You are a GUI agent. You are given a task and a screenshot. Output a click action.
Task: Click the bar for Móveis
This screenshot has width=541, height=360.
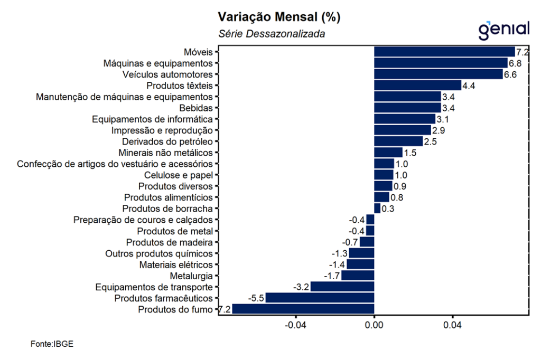click(x=444, y=52)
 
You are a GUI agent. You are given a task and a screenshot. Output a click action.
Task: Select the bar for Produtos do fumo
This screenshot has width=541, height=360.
click(x=303, y=309)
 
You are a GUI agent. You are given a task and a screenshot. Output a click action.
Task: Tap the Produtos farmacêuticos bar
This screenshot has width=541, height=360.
click(x=320, y=298)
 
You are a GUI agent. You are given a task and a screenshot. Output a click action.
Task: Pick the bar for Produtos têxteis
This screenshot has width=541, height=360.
click(x=417, y=86)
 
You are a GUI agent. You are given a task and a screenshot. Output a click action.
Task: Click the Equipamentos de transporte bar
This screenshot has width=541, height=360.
click(x=342, y=287)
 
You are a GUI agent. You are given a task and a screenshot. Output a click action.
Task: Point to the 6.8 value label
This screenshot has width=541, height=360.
click(x=515, y=63)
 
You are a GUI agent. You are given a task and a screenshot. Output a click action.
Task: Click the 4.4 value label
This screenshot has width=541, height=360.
click(x=469, y=86)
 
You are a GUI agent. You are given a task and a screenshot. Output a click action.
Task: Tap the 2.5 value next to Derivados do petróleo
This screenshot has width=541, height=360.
click(x=430, y=141)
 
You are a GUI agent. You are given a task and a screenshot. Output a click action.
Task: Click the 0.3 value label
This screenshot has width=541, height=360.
click(x=388, y=209)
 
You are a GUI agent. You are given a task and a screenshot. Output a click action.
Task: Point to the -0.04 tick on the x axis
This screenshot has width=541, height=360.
click(x=295, y=325)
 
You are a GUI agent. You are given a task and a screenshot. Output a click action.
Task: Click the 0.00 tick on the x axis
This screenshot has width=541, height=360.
click(x=374, y=325)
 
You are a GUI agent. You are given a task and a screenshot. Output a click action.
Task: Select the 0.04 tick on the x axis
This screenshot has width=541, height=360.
click(x=453, y=325)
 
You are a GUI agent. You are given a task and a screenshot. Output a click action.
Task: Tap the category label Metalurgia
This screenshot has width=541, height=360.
click(x=191, y=276)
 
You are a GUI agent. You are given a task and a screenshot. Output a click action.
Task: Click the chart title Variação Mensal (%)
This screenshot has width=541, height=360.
click(x=279, y=17)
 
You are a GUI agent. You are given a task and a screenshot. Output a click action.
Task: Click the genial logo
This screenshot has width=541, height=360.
click(x=503, y=30)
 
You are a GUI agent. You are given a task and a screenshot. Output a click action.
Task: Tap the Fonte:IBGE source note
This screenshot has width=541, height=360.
click(x=52, y=344)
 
